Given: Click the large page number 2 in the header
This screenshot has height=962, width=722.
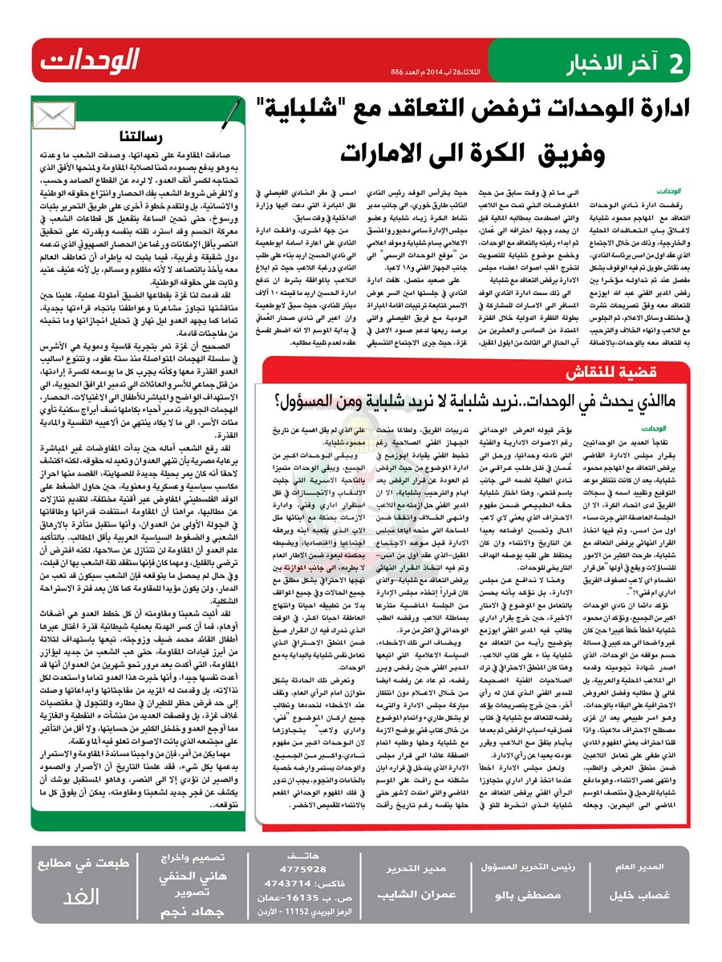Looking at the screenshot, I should pyautogui.click(x=676, y=62).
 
